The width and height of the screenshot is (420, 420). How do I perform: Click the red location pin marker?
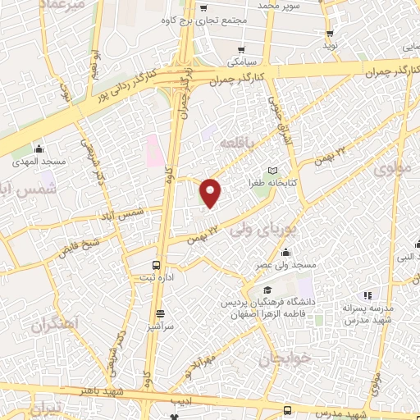(212, 193)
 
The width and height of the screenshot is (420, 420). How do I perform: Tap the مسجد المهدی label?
(38, 162)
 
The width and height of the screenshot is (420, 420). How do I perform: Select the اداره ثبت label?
(155, 279)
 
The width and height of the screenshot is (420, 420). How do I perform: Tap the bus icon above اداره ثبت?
(156, 265)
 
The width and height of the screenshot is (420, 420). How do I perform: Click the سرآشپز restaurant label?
(159, 326)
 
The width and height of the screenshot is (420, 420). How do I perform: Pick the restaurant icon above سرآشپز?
(159, 313)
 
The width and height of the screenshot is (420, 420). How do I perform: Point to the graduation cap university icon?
(268, 290)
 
